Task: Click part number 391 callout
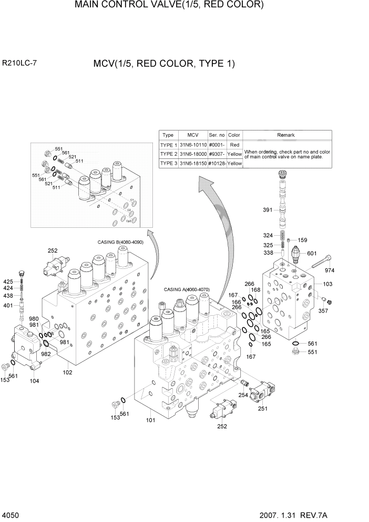tap(269, 210)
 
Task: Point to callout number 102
tap(67, 373)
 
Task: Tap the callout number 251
tap(262, 408)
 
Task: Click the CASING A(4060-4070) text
tap(187, 289)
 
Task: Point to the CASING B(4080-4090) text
tap(119, 242)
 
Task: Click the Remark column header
tap(286, 135)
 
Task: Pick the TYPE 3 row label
tap(168, 164)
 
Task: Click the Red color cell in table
tap(234, 145)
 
